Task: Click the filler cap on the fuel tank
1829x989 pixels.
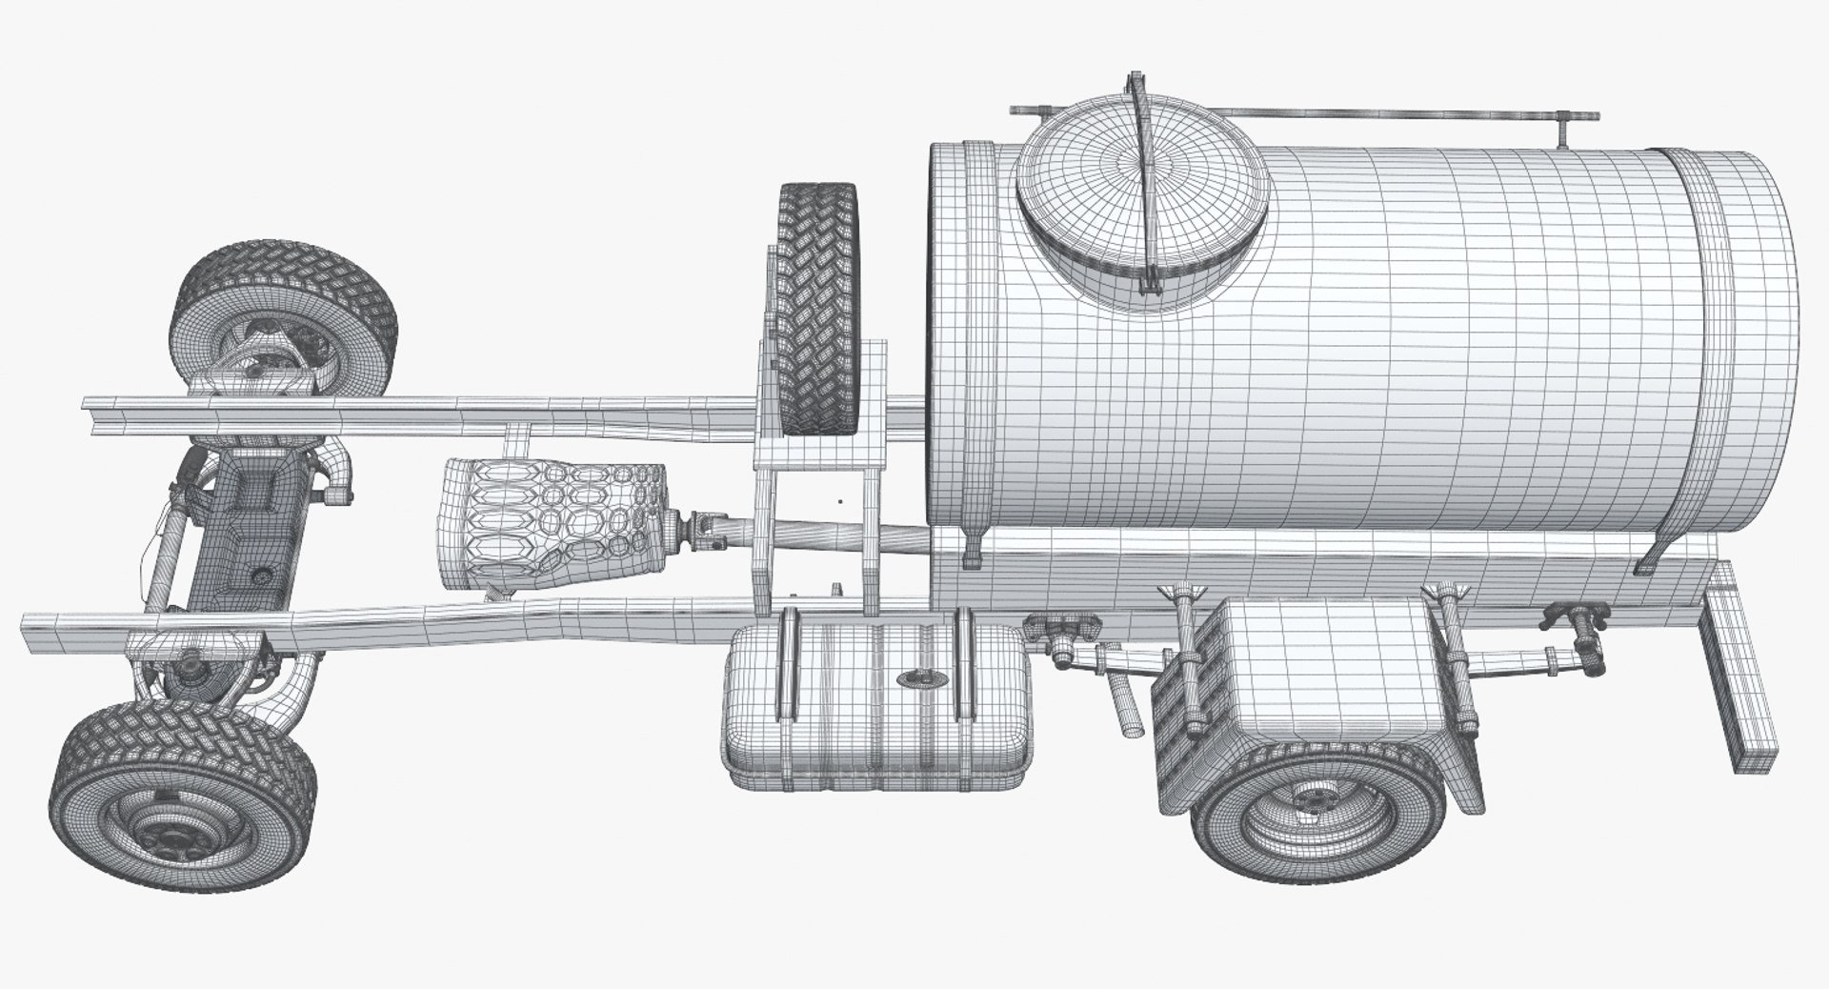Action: click(919, 679)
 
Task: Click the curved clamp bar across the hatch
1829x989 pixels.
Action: click(1147, 181)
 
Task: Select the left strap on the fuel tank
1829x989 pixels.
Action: click(787, 665)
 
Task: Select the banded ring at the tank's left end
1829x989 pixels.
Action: click(979, 353)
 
